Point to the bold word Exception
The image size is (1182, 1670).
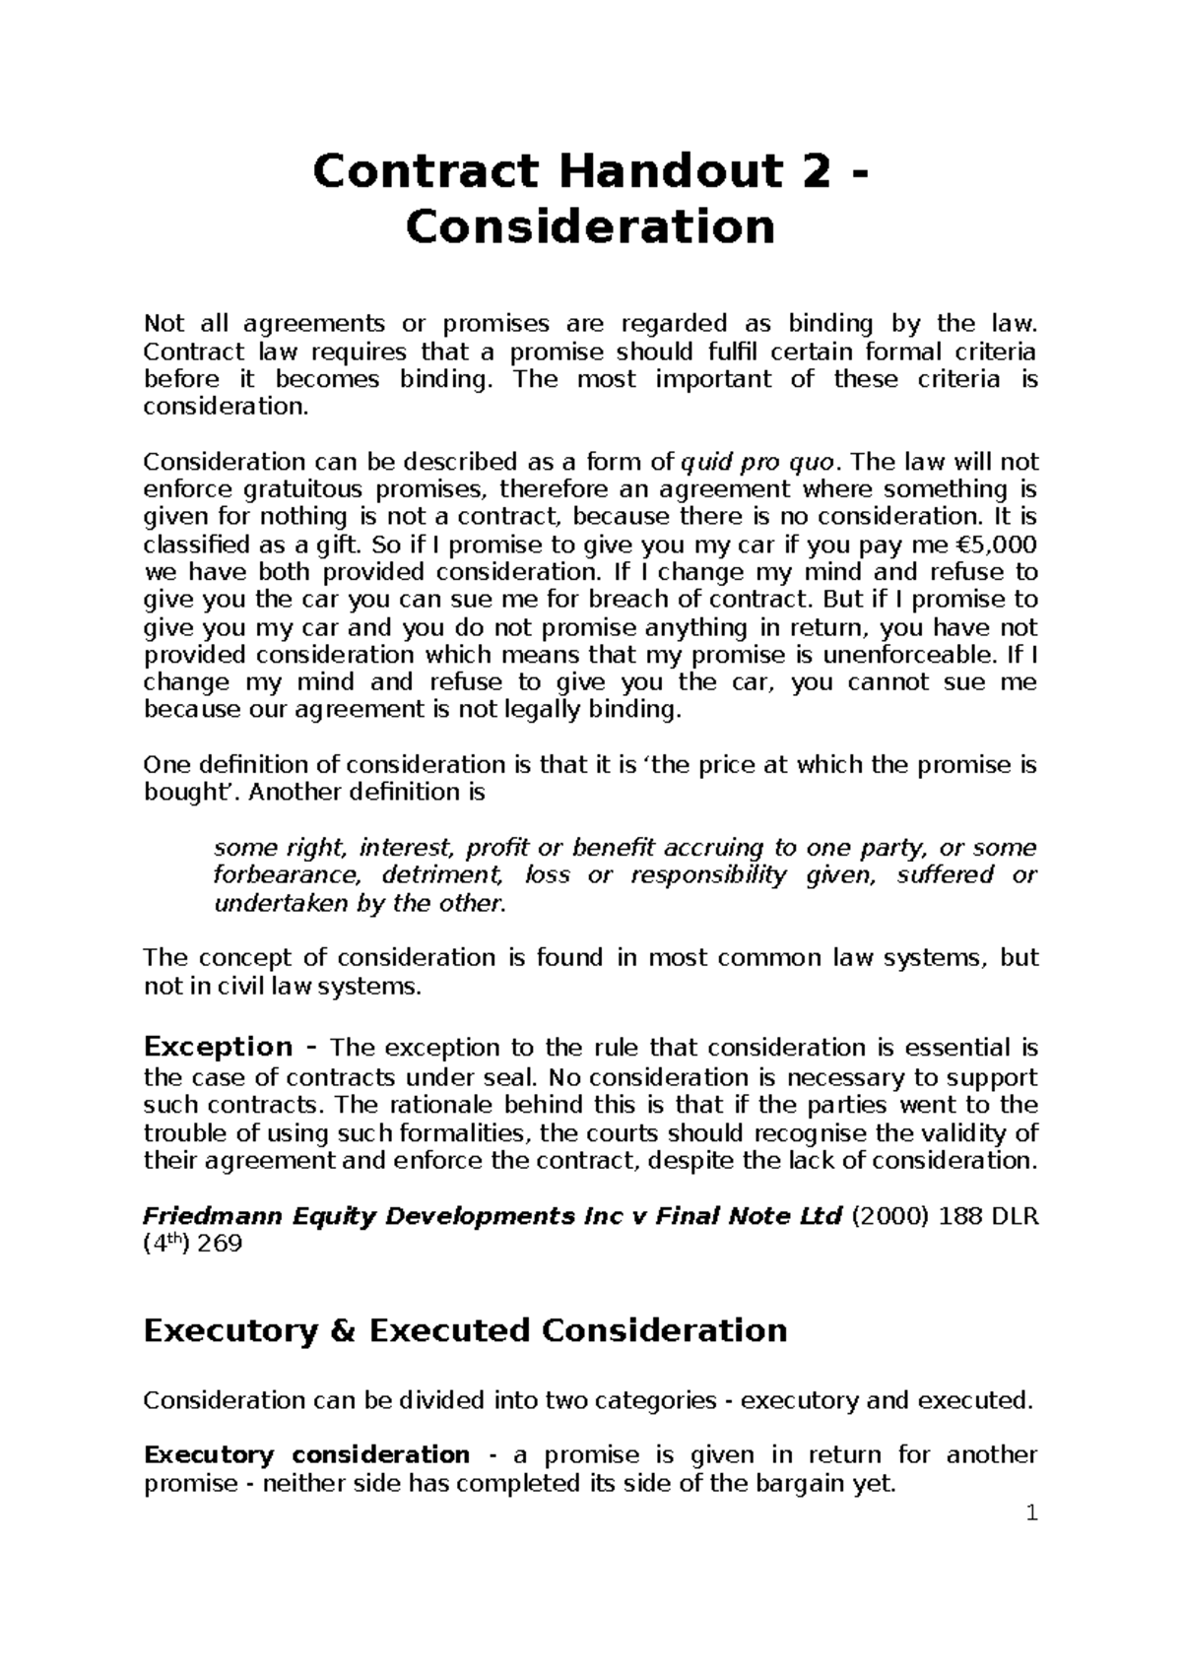click(218, 1046)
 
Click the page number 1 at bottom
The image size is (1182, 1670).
click(1031, 1541)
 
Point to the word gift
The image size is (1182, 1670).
click(342, 545)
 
